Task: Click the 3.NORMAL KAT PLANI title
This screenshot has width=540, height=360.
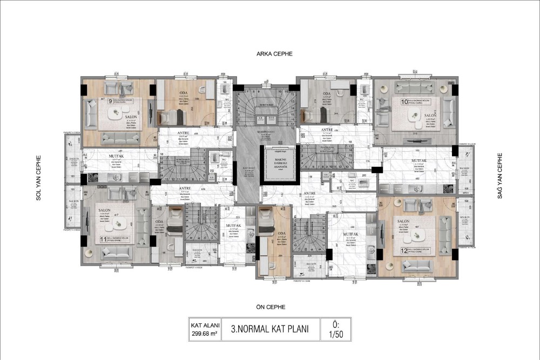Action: pyautogui.click(x=269, y=329)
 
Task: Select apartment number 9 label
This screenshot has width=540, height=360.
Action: pyautogui.click(x=95, y=100)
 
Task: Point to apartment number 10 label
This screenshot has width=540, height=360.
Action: pyautogui.click(x=403, y=101)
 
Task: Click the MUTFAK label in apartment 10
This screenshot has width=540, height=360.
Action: pyautogui.click(x=419, y=161)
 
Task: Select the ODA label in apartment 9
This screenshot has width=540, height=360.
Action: pyautogui.click(x=184, y=93)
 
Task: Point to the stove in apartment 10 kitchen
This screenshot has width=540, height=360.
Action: pyautogui.click(x=448, y=188)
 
